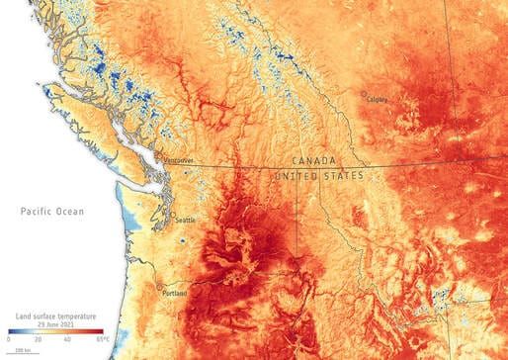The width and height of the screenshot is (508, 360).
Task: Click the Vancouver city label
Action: coord(179,159)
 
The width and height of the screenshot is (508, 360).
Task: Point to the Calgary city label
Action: coord(377,99)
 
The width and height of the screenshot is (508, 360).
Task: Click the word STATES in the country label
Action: coord(345,175)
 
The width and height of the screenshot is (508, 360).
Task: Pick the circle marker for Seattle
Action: coord(172,216)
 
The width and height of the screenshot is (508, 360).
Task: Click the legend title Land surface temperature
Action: coord(55,315)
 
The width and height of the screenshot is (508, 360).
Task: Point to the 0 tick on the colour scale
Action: coord(7,340)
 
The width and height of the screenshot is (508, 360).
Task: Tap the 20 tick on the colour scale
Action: coord(38,340)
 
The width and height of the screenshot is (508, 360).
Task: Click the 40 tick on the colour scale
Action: coord(68,340)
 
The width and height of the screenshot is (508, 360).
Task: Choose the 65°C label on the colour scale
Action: coord(103,340)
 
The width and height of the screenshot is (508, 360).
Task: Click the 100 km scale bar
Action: coord(20,352)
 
